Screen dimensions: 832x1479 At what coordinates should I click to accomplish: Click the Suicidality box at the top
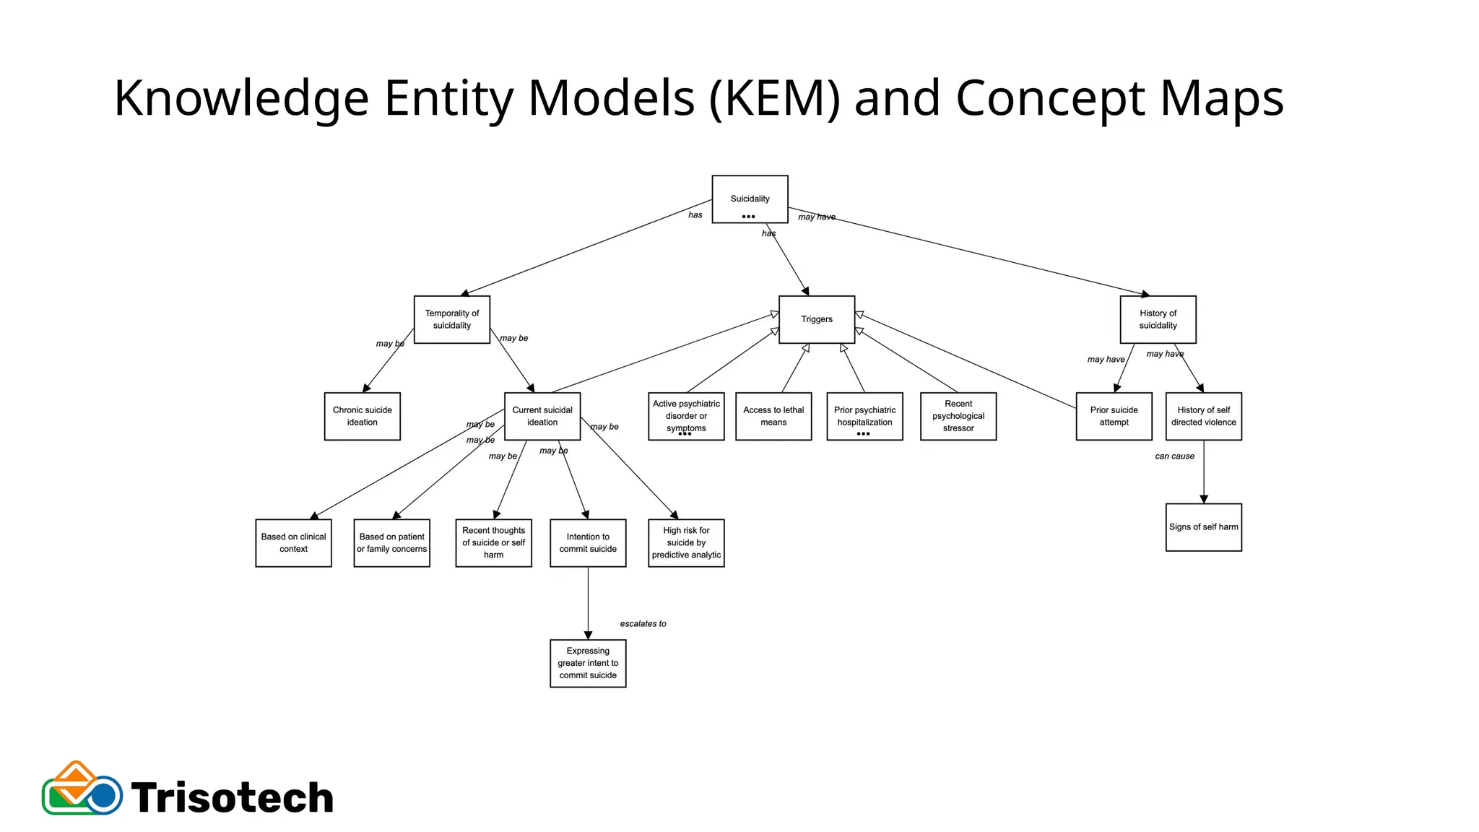(750, 199)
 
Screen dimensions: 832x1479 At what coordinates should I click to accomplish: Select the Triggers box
(817, 319)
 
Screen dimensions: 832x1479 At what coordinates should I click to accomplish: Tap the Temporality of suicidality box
(452, 319)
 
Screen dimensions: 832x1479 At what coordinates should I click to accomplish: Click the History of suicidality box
(1158, 319)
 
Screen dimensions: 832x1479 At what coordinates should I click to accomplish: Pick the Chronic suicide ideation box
(362, 416)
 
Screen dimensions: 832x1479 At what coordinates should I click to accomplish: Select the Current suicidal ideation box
(542, 416)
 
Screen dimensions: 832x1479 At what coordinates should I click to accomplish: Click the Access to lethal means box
(773, 416)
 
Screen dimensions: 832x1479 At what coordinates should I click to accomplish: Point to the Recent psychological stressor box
(958, 416)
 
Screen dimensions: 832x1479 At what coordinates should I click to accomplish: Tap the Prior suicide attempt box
(1114, 416)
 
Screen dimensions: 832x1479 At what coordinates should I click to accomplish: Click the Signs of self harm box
(1203, 527)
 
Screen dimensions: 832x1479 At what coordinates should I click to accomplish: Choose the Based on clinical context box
(293, 542)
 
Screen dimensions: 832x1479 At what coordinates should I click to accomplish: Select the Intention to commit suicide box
(588, 542)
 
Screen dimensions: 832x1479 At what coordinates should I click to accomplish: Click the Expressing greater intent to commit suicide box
(588, 663)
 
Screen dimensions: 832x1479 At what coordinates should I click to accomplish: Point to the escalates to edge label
(643, 623)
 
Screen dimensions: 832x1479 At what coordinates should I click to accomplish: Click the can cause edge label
(1174, 456)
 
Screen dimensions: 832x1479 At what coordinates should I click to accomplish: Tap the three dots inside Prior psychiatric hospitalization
(863, 434)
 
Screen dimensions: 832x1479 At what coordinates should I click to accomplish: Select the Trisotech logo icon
(82, 789)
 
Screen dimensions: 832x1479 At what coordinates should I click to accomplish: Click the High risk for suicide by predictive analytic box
(686, 542)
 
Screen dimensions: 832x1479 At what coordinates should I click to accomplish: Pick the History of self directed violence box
(1203, 416)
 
